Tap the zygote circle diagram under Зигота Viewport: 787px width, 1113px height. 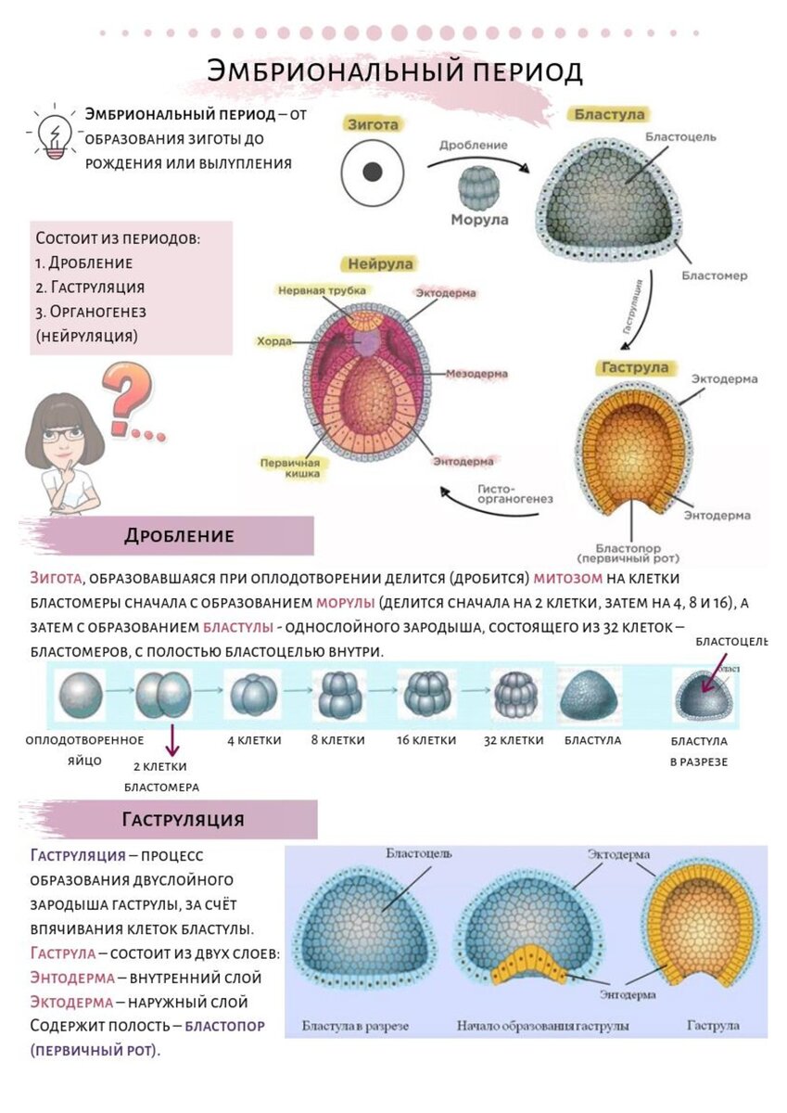click(x=373, y=173)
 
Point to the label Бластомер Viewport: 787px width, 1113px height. click(x=714, y=275)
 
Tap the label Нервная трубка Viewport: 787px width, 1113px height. click(x=314, y=290)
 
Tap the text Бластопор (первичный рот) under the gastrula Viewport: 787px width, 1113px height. click(x=627, y=553)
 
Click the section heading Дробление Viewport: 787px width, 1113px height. click(x=179, y=536)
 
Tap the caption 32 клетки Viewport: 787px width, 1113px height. click(x=514, y=740)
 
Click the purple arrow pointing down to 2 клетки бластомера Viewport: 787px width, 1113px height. click(x=171, y=739)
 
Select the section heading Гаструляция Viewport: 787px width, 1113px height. click(x=183, y=820)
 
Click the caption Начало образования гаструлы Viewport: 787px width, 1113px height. click(x=542, y=1027)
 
